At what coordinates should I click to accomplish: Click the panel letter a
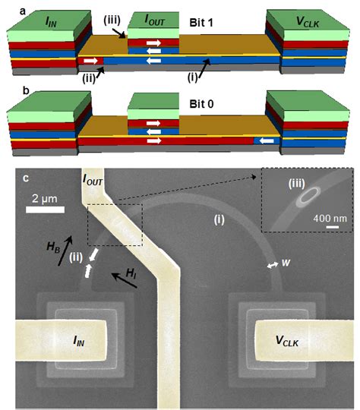(x=8, y=7)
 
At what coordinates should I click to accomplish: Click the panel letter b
(x=8, y=90)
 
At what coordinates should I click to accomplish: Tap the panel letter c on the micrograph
(x=26, y=178)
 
